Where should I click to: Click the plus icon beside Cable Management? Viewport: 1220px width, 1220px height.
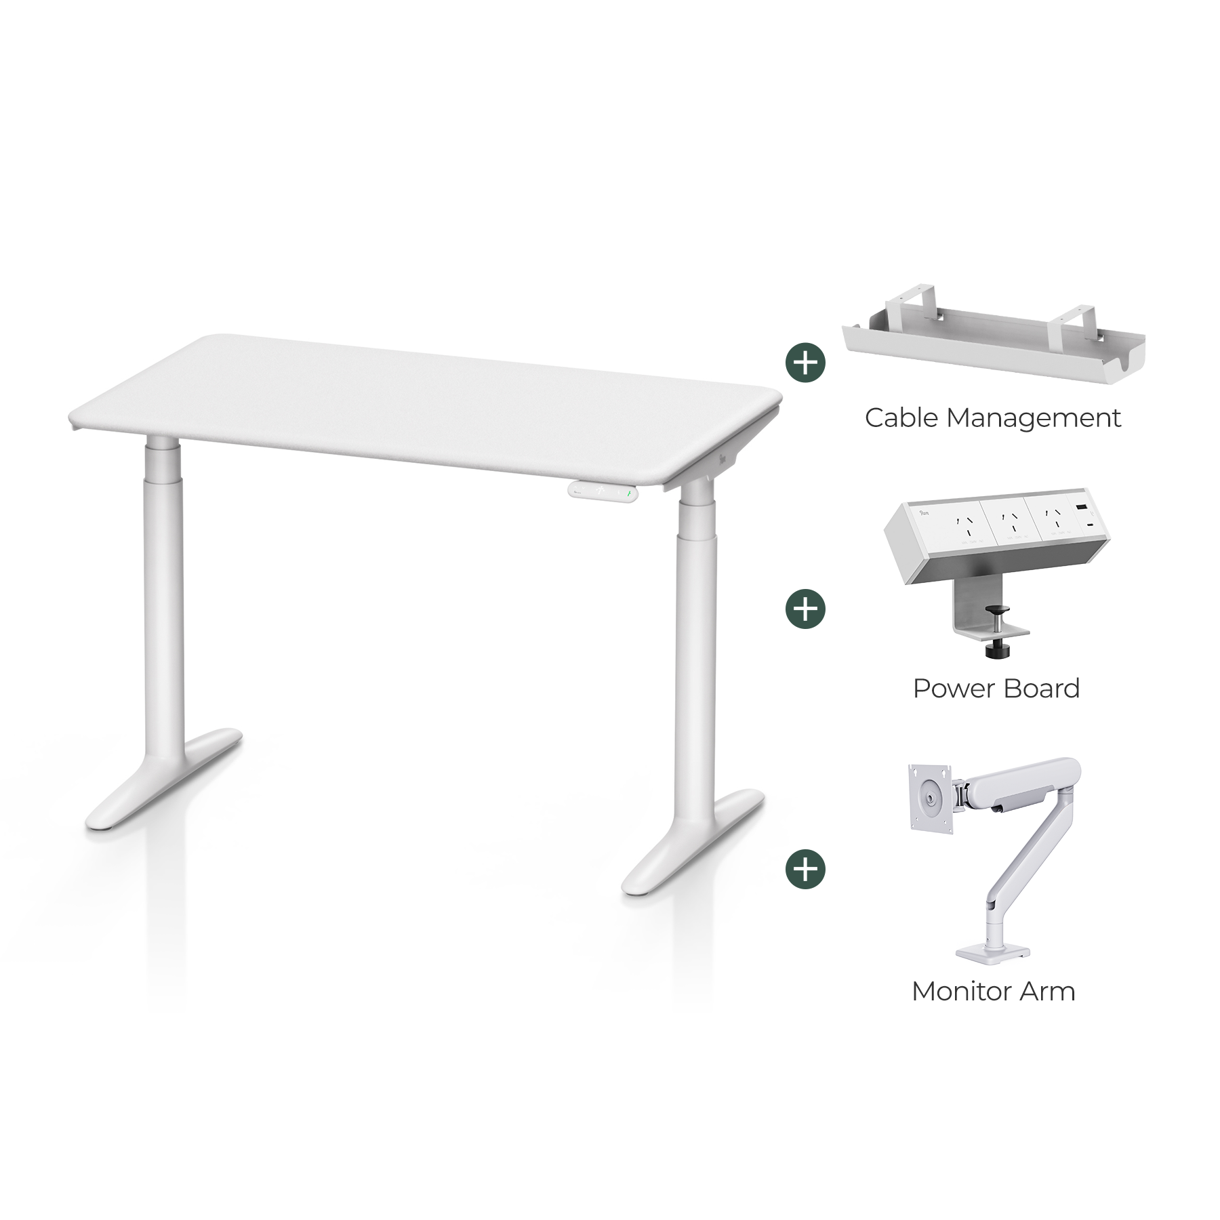(x=805, y=363)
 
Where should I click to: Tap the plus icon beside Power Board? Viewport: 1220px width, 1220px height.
(x=805, y=609)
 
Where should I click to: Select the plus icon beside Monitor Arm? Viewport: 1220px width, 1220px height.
(x=805, y=869)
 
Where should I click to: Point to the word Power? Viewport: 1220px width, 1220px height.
(x=950, y=689)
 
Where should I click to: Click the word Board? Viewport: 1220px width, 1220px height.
(x=1039, y=689)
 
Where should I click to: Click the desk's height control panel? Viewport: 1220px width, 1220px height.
(x=603, y=491)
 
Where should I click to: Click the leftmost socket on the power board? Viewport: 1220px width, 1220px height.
(x=961, y=523)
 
